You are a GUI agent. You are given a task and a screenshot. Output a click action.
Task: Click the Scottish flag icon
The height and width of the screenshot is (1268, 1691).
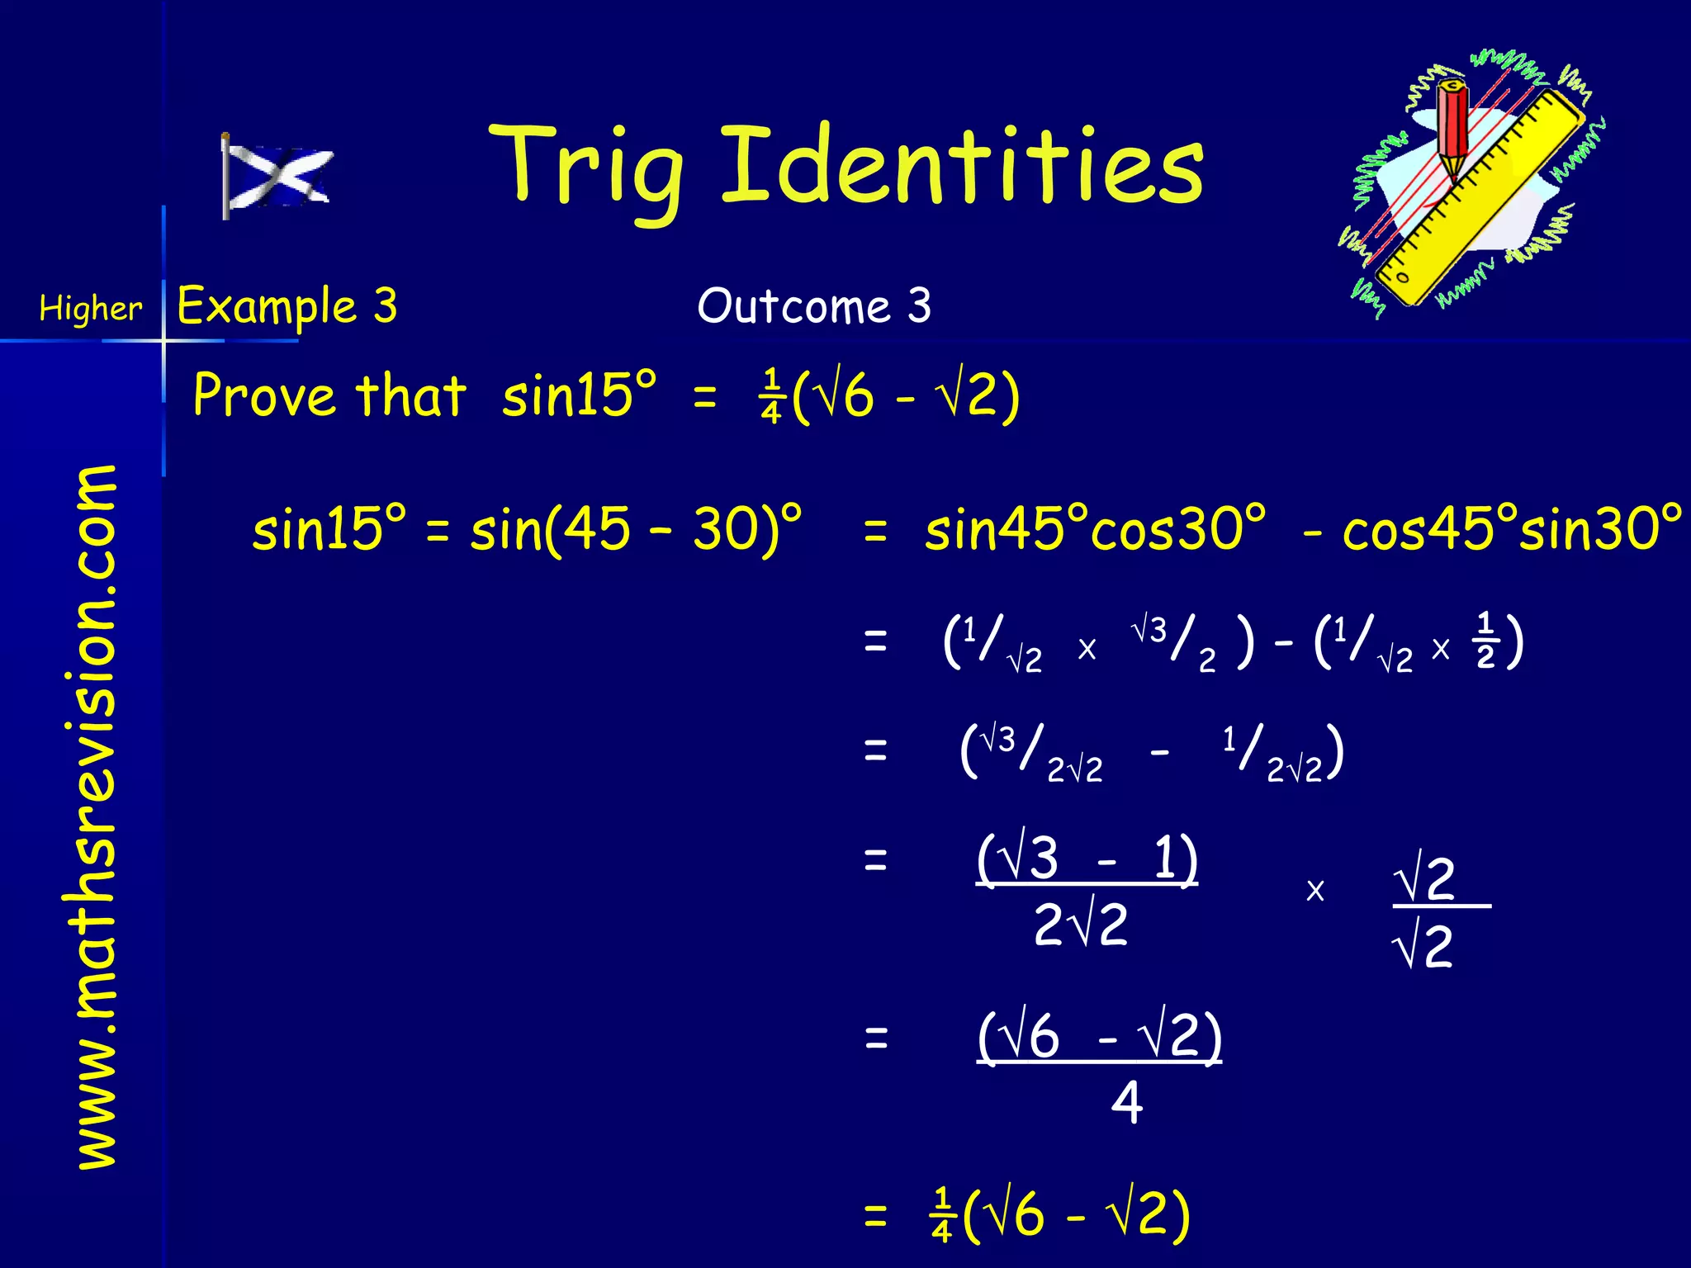277,176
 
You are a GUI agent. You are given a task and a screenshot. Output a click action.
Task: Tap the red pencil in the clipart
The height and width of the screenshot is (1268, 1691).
1453,124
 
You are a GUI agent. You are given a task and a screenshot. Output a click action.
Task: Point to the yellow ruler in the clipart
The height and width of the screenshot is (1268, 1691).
1478,198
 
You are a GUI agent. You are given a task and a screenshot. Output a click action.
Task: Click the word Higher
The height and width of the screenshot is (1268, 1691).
90,309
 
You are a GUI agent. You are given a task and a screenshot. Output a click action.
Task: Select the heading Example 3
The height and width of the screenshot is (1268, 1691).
287,306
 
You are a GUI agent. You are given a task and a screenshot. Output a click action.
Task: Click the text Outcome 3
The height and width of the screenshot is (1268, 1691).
813,306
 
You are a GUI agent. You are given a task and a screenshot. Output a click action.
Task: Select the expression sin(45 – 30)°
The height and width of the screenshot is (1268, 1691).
636,528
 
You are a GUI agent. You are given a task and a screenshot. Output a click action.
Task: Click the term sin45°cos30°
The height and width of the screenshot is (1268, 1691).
1094,528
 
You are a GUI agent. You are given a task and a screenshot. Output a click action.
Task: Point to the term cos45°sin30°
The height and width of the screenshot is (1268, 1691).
1511,528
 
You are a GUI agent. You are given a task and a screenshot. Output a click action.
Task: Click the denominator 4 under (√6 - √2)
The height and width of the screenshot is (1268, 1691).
1126,1102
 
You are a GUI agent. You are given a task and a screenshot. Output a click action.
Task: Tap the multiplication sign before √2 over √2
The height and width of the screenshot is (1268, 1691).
1314,891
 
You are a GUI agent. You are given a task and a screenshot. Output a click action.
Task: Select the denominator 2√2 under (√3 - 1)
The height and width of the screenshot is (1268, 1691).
1080,925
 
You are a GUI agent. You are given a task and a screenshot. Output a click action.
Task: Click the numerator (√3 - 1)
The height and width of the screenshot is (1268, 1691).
1086,859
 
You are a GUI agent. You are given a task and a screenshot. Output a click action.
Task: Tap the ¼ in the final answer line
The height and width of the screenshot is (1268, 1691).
941,1215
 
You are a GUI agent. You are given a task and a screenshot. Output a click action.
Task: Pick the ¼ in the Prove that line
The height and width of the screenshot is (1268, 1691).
770,396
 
